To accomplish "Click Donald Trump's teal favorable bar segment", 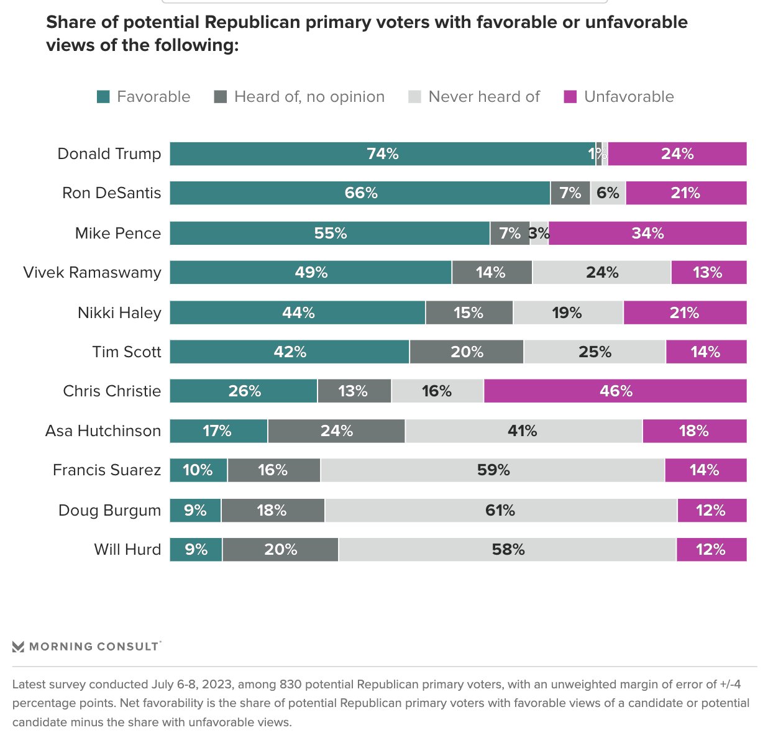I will pyautogui.click(x=382, y=154).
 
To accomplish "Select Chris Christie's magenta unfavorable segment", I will pyautogui.click(x=615, y=391).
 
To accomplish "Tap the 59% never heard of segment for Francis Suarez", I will pyautogui.click(x=493, y=470).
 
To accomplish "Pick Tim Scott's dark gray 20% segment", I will pyautogui.click(x=467, y=352).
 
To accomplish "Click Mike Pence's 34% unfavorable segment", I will pyautogui.click(x=647, y=234).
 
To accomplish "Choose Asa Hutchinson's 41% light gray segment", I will pyautogui.click(x=523, y=431).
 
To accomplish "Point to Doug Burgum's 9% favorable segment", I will pyautogui.click(x=195, y=511).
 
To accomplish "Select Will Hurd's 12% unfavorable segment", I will pyautogui.click(x=711, y=550).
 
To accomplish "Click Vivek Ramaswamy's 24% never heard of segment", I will pyautogui.click(x=601, y=273).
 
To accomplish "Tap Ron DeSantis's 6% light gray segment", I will pyautogui.click(x=608, y=193).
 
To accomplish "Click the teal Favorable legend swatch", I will pyautogui.click(x=103, y=97).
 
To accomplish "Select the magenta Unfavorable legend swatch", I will pyautogui.click(x=570, y=97).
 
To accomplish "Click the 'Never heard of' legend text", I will pyautogui.click(x=484, y=97).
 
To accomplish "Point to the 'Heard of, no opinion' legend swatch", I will pyautogui.click(x=221, y=97).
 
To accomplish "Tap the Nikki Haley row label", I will pyautogui.click(x=119, y=312).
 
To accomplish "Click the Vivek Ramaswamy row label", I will pyautogui.click(x=92, y=273).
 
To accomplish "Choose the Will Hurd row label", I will pyautogui.click(x=127, y=550).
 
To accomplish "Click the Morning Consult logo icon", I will pyautogui.click(x=18, y=647).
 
